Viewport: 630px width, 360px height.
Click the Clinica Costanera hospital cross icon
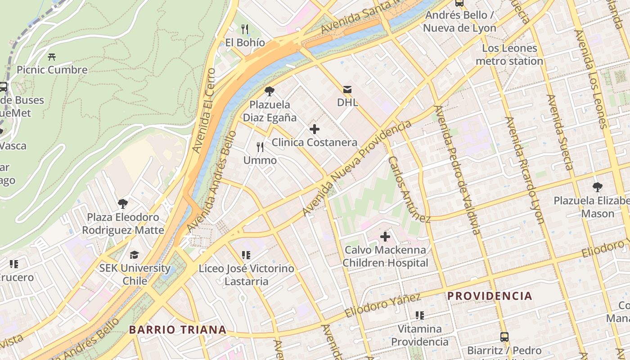[315, 130]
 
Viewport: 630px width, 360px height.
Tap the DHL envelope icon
[347, 89]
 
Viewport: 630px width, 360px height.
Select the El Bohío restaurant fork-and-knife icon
[245, 29]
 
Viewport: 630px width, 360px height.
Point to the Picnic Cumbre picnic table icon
[52, 57]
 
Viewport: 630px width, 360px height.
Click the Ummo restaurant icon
[260, 147]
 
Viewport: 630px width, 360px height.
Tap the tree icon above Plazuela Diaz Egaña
[270, 91]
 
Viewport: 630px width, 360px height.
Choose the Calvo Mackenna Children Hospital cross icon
[385, 237]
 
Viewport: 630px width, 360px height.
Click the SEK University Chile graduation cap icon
[135, 255]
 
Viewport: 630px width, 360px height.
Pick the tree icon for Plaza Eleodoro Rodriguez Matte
[122, 204]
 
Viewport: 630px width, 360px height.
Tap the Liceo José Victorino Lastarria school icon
[246, 256]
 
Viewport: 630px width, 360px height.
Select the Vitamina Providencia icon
[420, 315]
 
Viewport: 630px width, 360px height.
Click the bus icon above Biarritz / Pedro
[504, 337]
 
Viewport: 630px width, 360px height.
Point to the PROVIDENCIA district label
[490, 296]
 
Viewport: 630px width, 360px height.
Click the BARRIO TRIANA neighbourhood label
[178, 329]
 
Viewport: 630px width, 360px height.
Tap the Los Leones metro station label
[509, 54]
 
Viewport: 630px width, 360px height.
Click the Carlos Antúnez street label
[409, 189]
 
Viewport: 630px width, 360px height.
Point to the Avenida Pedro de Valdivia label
[458, 170]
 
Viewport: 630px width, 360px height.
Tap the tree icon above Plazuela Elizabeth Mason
[598, 187]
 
